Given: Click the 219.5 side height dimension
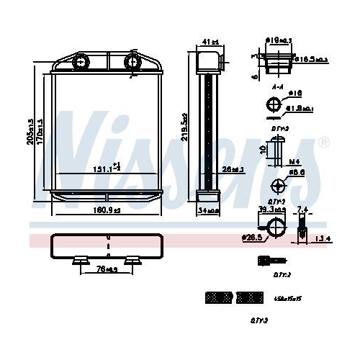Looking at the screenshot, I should click(x=186, y=127).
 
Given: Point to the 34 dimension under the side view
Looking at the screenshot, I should click(x=208, y=211).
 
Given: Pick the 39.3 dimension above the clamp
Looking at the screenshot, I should click(x=272, y=210).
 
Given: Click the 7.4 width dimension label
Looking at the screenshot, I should click(x=302, y=210).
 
